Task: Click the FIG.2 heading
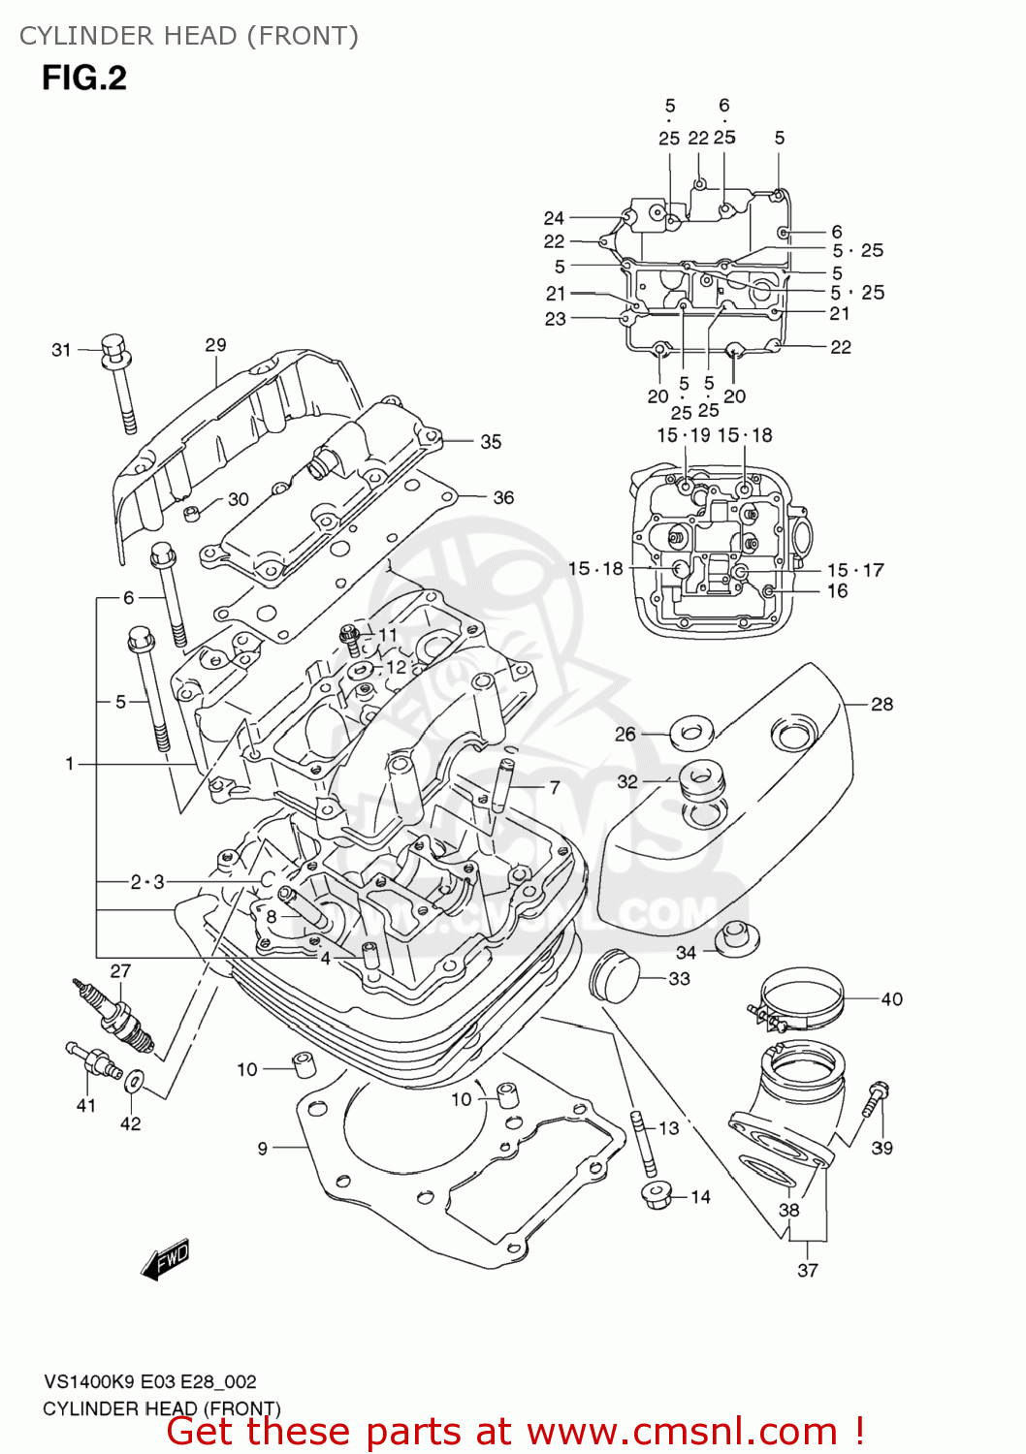click(x=84, y=78)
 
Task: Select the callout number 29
click(x=215, y=345)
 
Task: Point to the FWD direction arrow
click(x=166, y=1259)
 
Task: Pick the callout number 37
click(x=807, y=1270)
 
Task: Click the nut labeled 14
click(x=657, y=1195)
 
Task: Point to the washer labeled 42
click(x=135, y=1079)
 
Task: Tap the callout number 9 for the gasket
click(x=262, y=1149)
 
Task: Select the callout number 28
click(x=882, y=704)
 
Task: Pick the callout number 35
click(x=491, y=442)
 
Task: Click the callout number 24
click(x=554, y=218)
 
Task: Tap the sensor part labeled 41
click(x=92, y=1060)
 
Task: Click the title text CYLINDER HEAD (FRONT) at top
click(x=189, y=36)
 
